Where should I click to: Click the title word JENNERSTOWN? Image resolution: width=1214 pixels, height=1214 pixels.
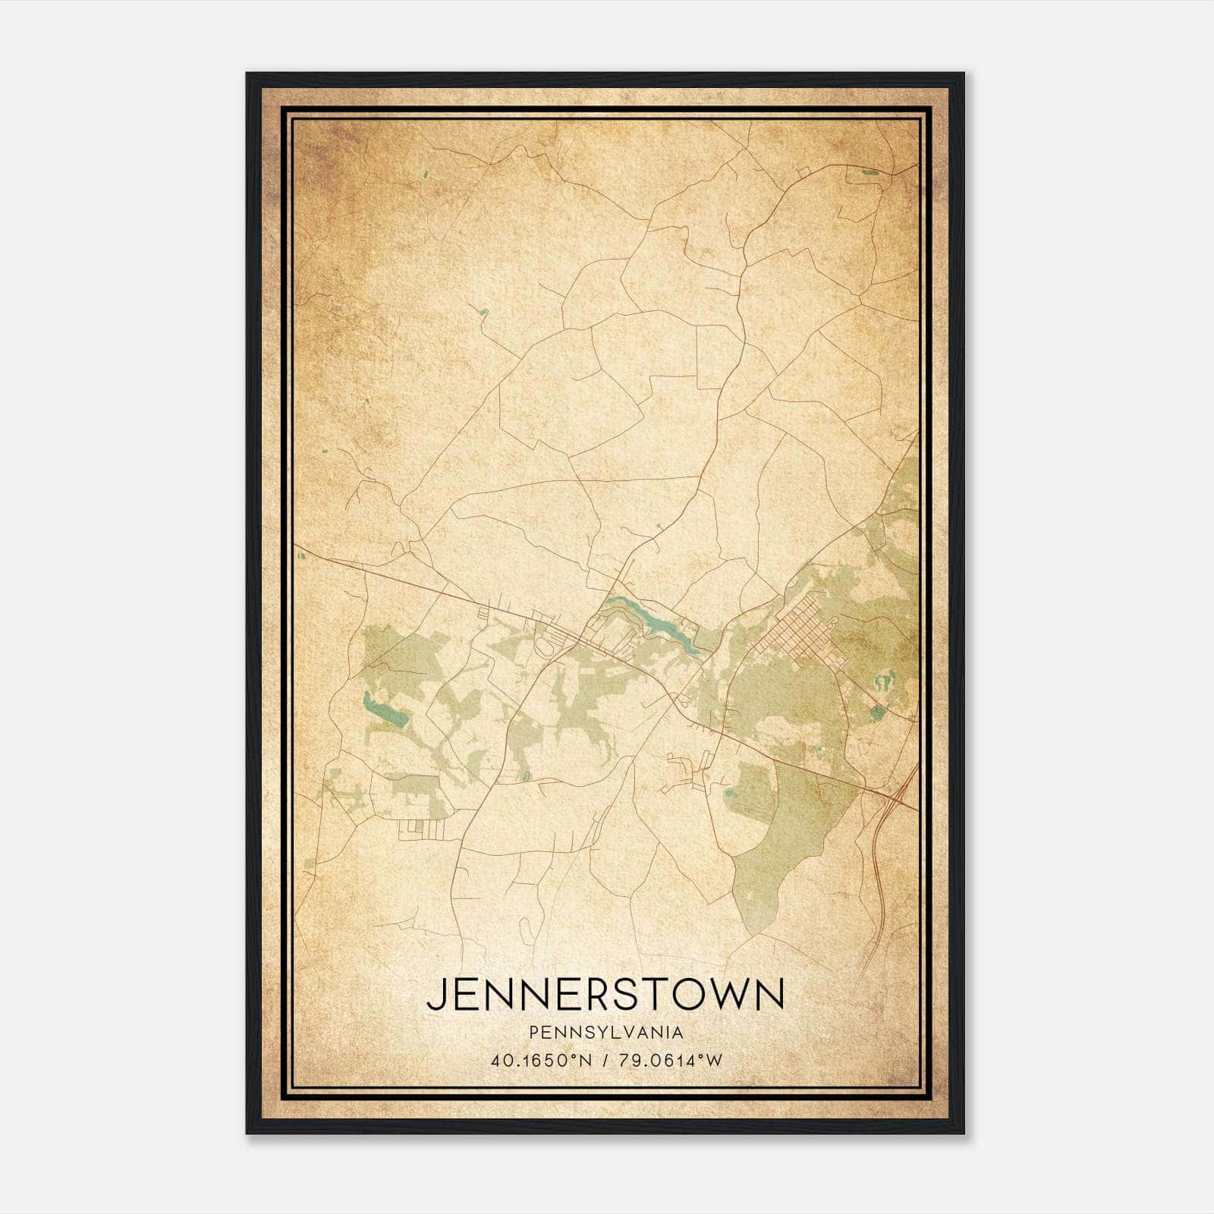[x=605, y=994]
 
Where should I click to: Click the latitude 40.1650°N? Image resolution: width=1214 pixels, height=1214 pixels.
[x=542, y=1060]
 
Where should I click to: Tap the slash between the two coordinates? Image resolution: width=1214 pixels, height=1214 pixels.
[x=605, y=1060]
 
